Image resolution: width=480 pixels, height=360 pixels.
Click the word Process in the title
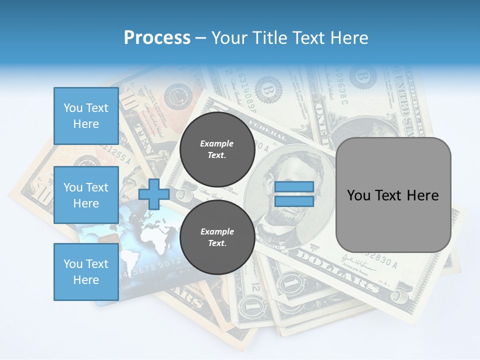157,38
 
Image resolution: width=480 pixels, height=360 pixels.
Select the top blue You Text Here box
86,116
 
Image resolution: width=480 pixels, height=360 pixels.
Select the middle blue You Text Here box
86,195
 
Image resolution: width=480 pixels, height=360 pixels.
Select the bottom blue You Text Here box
86,271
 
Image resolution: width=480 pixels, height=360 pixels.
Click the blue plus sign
154,194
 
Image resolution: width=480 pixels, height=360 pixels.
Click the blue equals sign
294,194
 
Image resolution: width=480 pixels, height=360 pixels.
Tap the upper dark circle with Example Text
216,149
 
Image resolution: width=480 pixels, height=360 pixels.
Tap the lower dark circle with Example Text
216,237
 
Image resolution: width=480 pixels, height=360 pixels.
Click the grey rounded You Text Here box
393,195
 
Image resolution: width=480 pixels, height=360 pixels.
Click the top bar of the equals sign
294,187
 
